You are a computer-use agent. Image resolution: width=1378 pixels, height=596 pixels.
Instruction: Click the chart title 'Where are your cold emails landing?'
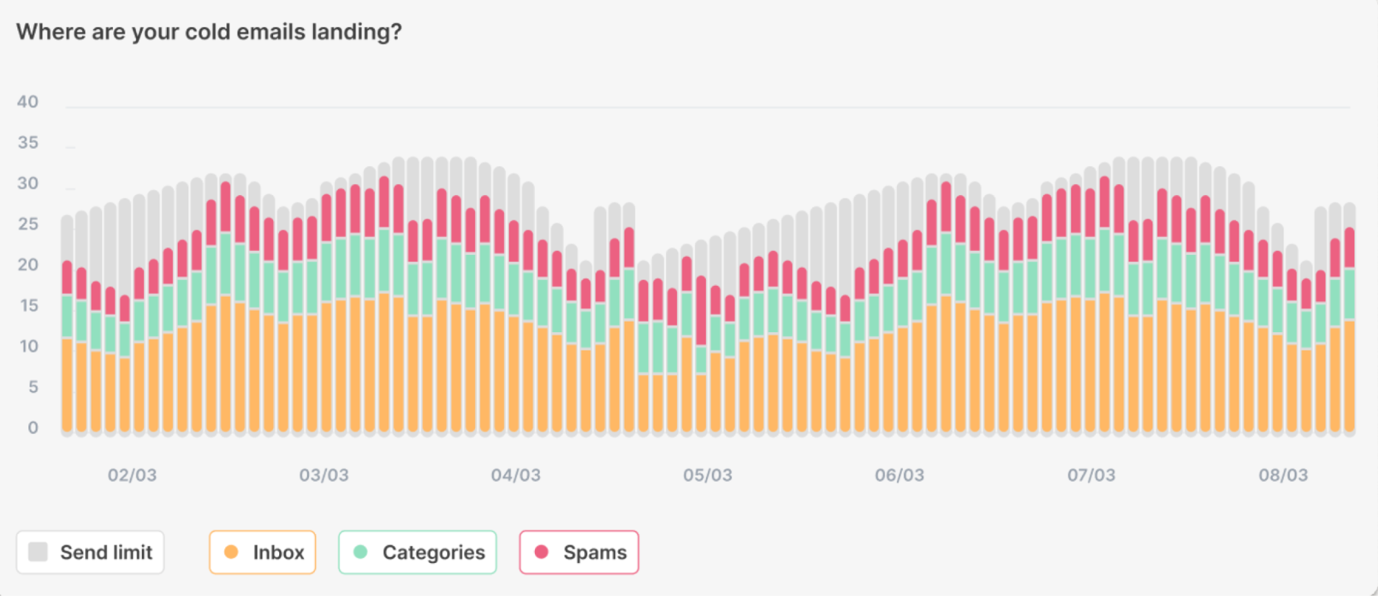(x=209, y=32)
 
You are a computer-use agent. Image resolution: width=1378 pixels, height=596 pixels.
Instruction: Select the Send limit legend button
(x=90, y=552)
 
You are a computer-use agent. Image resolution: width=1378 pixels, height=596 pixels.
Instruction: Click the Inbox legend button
(x=263, y=552)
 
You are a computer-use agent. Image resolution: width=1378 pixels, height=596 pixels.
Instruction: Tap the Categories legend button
(x=418, y=552)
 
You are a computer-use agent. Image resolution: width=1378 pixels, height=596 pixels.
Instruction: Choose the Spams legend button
(x=579, y=552)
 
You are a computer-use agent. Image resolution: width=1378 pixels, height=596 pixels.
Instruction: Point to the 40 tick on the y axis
(x=28, y=102)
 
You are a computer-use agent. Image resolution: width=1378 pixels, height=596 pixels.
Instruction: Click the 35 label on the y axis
(x=28, y=143)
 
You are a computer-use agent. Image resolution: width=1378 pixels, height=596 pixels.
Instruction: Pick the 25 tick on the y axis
(x=28, y=224)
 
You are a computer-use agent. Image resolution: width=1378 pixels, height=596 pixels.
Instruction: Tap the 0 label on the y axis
(x=32, y=428)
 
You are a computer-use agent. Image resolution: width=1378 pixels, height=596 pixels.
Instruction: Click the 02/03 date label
(x=132, y=475)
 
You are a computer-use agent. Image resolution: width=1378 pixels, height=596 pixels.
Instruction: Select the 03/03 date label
(x=324, y=475)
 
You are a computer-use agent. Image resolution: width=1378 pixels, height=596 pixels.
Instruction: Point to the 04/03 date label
(x=516, y=475)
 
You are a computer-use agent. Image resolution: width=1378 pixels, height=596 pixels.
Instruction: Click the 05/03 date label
(x=708, y=475)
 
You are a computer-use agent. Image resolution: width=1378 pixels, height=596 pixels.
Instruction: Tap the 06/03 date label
(x=900, y=475)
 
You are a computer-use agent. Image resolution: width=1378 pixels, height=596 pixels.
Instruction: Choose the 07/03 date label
(x=1091, y=475)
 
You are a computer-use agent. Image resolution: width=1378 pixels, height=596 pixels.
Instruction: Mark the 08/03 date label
(x=1284, y=475)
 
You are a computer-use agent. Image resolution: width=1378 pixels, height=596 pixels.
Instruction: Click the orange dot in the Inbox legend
(x=231, y=552)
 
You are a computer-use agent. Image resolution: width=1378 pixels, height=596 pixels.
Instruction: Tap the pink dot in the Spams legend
(x=541, y=552)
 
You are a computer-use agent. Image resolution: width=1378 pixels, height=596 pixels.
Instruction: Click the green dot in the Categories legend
(x=360, y=552)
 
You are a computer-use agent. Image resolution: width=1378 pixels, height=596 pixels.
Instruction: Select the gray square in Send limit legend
(x=38, y=552)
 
